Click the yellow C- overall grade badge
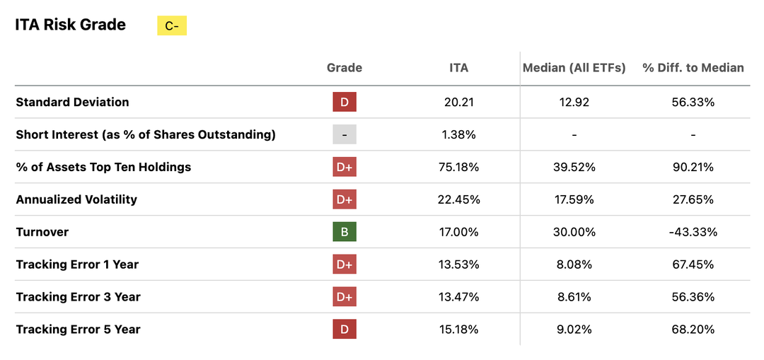click(171, 26)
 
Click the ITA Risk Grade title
click(70, 25)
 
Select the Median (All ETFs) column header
click(574, 68)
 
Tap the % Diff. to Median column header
click(693, 68)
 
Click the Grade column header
click(345, 68)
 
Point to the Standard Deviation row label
click(72, 102)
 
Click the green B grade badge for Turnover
click(345, 232)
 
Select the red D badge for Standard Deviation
click(345, 102)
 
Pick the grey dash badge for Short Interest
click(345, 134)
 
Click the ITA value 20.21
click(458, 102)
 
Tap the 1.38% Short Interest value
click(458, 134)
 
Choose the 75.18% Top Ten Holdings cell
click(458, 167)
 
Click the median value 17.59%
click(574, 199)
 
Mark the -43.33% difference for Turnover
click(693, 232)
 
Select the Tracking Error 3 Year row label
click(78, 297)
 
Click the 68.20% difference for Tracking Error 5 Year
click(693, 330)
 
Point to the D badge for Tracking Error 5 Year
click(345, 330)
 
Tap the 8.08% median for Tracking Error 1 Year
click(574, 265)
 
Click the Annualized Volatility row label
click(76, 199)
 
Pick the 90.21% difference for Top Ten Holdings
click(693, 167)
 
